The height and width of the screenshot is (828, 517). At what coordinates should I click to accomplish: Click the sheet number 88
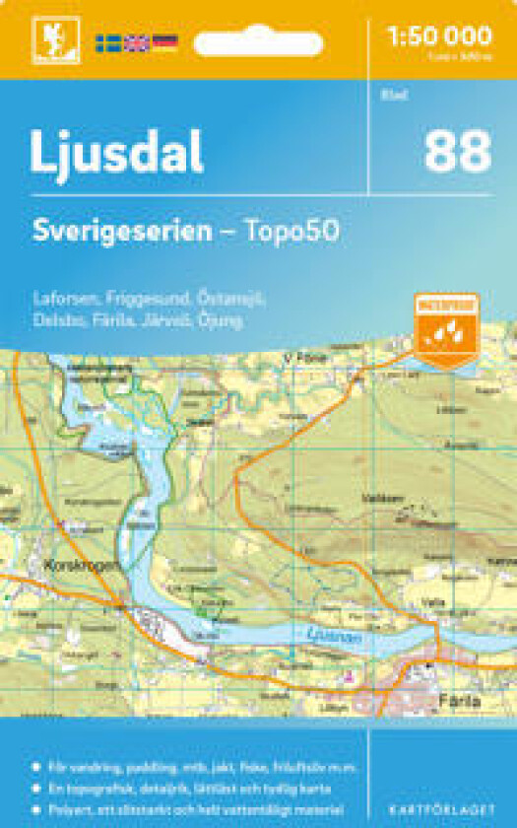458,153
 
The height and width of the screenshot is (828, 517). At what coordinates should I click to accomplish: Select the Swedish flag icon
107,42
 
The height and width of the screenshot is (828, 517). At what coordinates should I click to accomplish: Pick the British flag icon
136,42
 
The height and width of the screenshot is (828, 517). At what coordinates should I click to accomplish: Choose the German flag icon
164,42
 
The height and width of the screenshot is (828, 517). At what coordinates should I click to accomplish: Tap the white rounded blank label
258,43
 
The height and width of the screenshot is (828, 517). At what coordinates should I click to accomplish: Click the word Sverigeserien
121,232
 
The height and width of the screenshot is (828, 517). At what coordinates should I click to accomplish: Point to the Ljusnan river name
326,636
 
